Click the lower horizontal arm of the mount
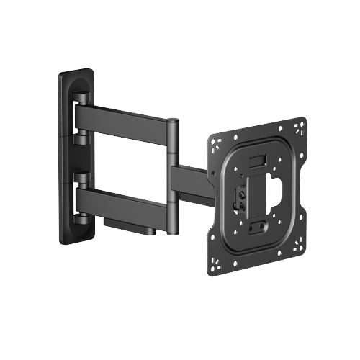pyautogui.click(x=126, y=204)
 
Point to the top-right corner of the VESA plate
pyautogui.click(x=300, y=125)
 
